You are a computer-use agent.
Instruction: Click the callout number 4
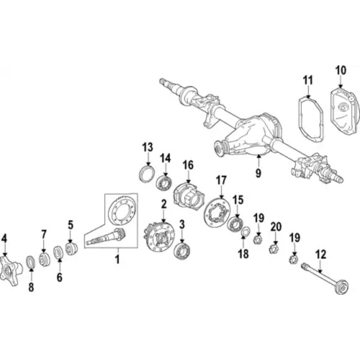pyautogui.click(x=4, y=238)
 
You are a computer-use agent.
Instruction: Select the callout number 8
pyautogui.click(x=31, y=287)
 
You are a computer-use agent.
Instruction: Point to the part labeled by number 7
pyautogui.click(x=43, y=259)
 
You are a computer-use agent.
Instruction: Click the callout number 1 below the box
pyautogui.click(x=118, y=259)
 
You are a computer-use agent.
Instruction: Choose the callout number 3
pyautogui.click(x=182, y=225)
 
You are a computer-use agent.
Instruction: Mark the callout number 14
pyautogui.click(x=165, y=158)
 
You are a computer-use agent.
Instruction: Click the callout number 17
pyautogui.click(x=221, y=179)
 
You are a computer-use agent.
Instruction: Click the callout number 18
pyautogui.click(x=243, y=254)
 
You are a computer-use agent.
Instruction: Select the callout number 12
pyautogui.click(x=321, y=254)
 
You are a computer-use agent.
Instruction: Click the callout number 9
pyautogui.click(x=258, y=173)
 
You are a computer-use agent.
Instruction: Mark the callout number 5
pyautogui.click(x=70, y=225)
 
